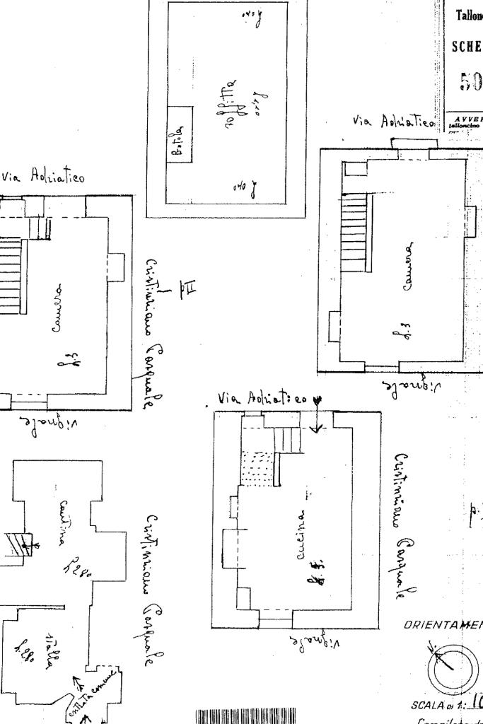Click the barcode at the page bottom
coord(245,715)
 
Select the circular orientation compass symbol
coord(448,668)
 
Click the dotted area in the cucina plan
coord(257,468)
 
